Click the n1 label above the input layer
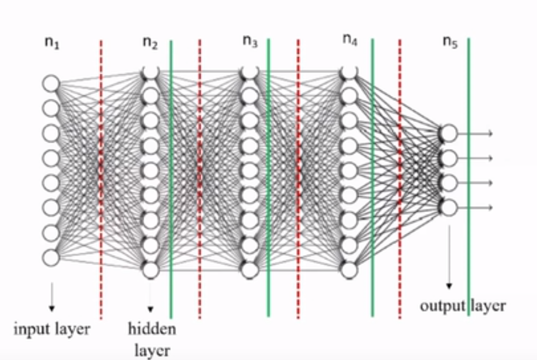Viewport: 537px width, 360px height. (x=52, y=42)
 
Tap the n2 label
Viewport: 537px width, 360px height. (x=150, y=42)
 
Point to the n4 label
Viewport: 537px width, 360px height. (x=350, y=41)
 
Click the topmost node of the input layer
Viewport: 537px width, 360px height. (x=51, y=83)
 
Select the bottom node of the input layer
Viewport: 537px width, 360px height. (x=51, y=257)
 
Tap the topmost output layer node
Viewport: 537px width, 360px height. (x=449, y=133)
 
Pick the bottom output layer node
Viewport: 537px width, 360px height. (x=449, y=207)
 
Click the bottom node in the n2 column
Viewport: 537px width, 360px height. (x=151, y=270)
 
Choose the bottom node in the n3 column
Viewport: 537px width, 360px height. (x=250, y=270)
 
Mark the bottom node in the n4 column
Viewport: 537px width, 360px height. (x=349, y=270)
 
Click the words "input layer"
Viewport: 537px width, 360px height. (x=52, y=328)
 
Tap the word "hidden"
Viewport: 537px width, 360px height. (x=152, y=328)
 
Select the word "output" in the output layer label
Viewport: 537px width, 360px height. (x=442, y=306)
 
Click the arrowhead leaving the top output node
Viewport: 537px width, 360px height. (x=489, y=133)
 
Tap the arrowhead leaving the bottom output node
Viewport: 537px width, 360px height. (x=489, y=207)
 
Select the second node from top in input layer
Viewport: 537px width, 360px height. (x=51, y=108)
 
